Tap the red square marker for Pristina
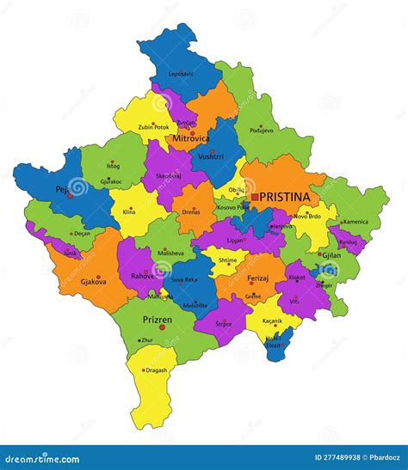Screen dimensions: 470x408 coord(255,197)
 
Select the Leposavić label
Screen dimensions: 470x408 coord(182,74)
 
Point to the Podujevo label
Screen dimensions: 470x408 coord(262,131)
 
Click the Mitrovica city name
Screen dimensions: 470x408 coord(191,137)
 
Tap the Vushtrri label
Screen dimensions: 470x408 coord(211,157)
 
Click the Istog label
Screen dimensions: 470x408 coord(113,165)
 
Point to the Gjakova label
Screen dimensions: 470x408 coord(94,281)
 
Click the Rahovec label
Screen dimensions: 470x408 coord(143,276)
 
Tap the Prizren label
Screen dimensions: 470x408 coord(158,320)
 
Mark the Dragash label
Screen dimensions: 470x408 coord(157,370)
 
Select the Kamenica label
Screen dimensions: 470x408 coord(355,222)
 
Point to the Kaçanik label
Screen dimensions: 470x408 coord(272,320)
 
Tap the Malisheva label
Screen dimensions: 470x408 coord(170,253)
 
